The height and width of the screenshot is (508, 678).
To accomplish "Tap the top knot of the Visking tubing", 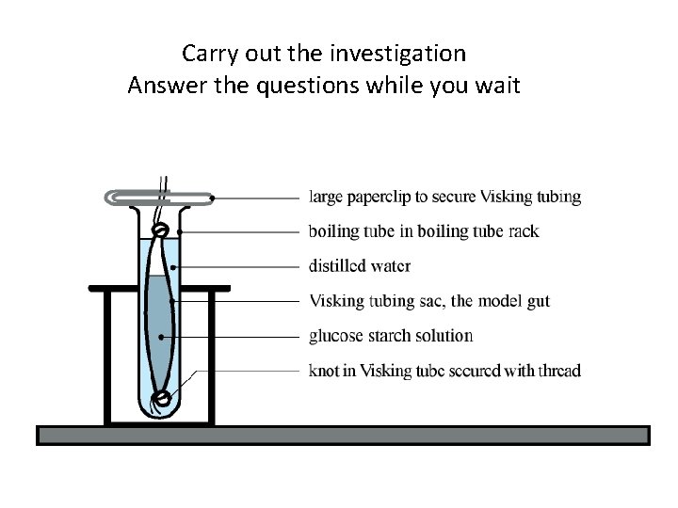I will tap(161, 229).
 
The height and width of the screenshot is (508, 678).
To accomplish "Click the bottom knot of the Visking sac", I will tap(162, 398).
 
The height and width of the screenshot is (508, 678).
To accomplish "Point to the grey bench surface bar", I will tap(343, 435).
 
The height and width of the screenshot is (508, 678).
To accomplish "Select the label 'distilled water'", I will tap(360, 266).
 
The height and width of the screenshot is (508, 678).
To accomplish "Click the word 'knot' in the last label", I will tap(324, 371).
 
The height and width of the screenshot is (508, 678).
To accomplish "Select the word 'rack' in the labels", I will tap(523, 231).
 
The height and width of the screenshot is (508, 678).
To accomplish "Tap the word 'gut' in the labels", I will tap(537, 301).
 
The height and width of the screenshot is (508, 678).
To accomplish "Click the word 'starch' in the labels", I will tap(395, 336).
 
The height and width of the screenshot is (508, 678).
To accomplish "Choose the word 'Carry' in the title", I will tap(208, 51).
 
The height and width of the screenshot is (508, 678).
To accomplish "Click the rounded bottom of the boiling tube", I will tap(162, 411).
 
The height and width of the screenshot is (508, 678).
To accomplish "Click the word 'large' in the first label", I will tap(330, 198).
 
